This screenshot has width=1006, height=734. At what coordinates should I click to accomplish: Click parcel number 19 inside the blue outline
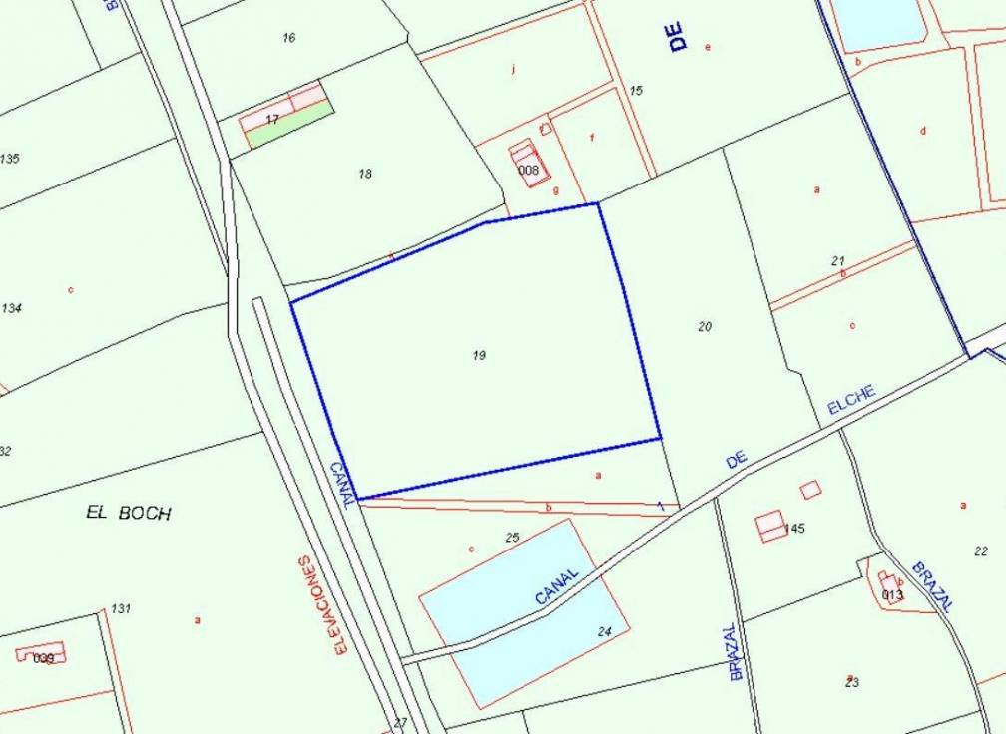click(x=479, y=355)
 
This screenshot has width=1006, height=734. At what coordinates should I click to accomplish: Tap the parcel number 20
click(x=705, y=326)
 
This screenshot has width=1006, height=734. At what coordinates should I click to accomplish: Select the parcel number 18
click(x=365, y=174)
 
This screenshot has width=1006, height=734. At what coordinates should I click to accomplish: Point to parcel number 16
click(x=289, y=38)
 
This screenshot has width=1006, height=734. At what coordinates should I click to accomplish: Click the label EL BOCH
click(x=129, y=513)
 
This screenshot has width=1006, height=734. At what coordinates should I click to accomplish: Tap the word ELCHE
click(x=852, y=400)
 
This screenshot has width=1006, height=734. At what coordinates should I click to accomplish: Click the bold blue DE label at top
click(x=679, y=38)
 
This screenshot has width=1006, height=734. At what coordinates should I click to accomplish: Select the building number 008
click(x=529, y=171)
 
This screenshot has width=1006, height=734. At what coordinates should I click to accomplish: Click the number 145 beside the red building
click(x=794, y=528)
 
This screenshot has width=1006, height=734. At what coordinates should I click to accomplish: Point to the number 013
click(x=892, y=595)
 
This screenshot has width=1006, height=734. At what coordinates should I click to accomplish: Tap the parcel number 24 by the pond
click(x=604, y=630)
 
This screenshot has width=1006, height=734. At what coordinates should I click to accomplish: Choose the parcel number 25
click(x=513, y=538)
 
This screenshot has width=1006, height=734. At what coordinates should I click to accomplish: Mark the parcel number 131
click(x=121, y=608)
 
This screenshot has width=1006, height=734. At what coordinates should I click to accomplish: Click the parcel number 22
click(x=981, y=550)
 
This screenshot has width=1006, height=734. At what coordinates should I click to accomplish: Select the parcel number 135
click(x=10, y=159)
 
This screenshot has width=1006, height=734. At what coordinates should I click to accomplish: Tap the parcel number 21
click(x=838, y=260)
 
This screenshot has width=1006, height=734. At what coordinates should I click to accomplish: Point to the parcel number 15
click(x=637, y=91)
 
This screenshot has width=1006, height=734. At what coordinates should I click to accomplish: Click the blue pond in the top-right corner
click(x=878, y=20)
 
